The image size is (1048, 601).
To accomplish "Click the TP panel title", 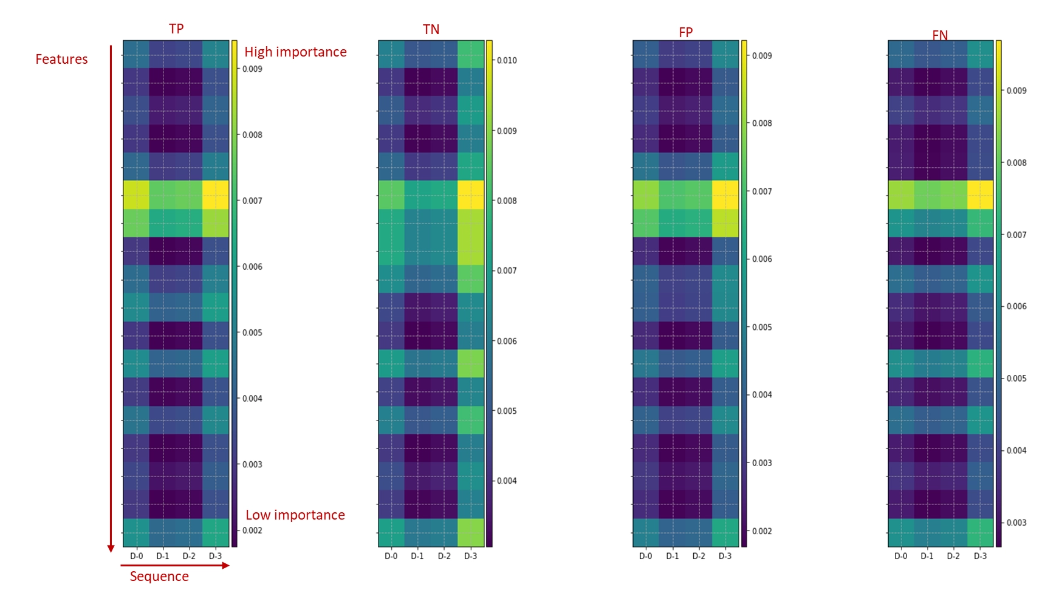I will pos(176,29).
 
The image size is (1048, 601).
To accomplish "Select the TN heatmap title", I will pos(431,30).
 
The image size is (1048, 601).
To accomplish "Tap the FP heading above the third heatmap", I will pos(685,32).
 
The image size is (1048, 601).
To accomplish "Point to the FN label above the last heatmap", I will pos(940,35).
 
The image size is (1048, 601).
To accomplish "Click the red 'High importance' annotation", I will pos(295,52).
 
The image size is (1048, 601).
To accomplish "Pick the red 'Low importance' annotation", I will pos(295,515).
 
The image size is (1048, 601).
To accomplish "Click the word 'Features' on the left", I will pos(61,60).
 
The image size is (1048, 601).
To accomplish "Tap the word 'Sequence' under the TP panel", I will pos(159,577).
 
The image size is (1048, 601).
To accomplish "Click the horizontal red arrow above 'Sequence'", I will pos(175,566).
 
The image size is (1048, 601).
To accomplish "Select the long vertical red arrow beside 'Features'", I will pos(111,298).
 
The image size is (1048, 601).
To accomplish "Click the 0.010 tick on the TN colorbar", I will pos(507,60).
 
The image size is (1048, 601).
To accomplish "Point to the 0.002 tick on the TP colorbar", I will pos(252,531).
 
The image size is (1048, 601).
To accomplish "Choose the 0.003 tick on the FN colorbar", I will pos(1016,523).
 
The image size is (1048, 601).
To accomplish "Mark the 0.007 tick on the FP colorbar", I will pos(762,191).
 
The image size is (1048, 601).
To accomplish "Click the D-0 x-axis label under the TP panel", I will pos(137,556).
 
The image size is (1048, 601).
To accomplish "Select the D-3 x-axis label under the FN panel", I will pos(980,556).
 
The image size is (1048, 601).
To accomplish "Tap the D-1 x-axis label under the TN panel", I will pos(417,556).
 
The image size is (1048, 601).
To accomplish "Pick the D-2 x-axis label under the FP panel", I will pos(699,556).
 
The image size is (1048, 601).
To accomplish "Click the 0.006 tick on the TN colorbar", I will pos(507,341).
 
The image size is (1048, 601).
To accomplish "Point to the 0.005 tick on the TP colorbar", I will pos(252,333).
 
